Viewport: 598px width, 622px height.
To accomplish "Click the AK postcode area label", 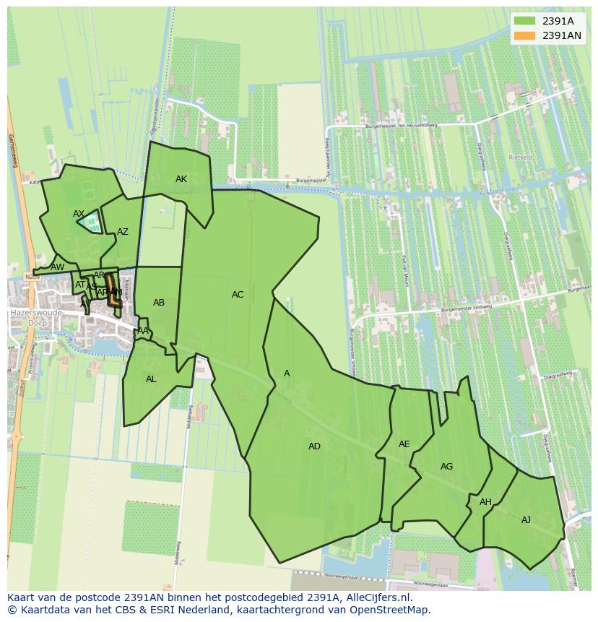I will (x=181, y=179).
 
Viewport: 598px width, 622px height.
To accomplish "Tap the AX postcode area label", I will (x=79, y=214).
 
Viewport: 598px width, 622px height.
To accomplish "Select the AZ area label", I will (x=123, y=232).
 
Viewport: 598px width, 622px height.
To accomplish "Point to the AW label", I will (x=57, y=267).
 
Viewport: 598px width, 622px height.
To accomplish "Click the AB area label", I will (x=159, y=303).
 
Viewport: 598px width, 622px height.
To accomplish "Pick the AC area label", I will (x=238, y=295).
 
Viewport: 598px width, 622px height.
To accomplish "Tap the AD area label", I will (x=314, y=446).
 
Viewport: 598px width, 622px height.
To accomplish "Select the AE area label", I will (x=404, y=444).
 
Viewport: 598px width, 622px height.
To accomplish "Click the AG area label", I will (x=447, y=467).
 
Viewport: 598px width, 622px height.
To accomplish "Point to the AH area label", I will (x=485, y=502).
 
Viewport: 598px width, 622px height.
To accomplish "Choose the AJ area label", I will (x=526, y=520).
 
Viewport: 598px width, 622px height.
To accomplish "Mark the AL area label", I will (x=151, y=379).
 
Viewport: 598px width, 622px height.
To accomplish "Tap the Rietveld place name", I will (x=520, y=157).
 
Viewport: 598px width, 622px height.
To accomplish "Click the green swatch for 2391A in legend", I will (x=525, y=20).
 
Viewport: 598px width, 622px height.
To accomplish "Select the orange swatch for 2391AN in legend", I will (x=525, y=35).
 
